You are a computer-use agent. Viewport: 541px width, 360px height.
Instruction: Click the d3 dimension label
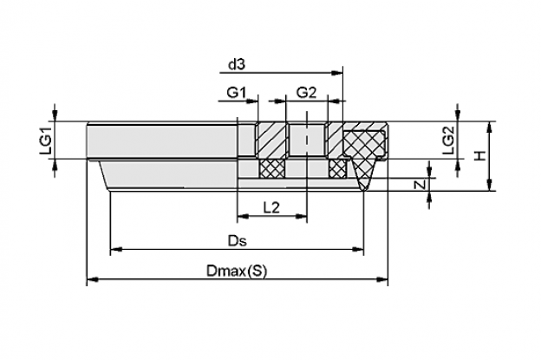(x=237, y=64)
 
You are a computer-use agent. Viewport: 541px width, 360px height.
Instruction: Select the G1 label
(x=237, y=93)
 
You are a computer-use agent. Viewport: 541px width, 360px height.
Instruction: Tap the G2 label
(x=306, y=93)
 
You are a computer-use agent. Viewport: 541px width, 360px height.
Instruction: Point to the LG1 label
(x=46, y=141)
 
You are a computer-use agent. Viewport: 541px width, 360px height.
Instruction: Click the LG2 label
(x=448, y=140)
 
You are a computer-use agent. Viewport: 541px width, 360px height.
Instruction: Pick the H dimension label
(x=479, y=155)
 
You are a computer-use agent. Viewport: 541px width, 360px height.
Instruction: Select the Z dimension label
(x=420, y=185)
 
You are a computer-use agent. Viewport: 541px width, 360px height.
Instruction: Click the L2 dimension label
(x=271, y=208)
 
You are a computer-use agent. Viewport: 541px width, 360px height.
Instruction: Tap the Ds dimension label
(x=238, y=240)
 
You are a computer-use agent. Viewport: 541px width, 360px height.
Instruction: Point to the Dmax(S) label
(x=237, y=272)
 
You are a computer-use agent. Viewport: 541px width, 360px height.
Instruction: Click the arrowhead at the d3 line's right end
(x=336, y=73)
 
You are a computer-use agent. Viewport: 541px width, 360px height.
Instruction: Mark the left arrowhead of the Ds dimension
(x=117, y=249)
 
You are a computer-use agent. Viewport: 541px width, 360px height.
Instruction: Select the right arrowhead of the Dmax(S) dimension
(x=381, y=279)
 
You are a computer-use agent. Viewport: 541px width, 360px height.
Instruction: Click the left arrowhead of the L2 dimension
(x=244, y=216)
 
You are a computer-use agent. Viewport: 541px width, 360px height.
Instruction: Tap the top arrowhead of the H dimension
(x=489, y=128)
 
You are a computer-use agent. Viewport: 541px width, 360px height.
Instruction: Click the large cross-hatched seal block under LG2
(x=364, y=143)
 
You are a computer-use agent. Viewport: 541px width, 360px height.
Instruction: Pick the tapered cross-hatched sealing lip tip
(x=363, y=175)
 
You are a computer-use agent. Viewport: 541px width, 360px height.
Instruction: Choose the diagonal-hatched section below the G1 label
(x=270, y=140)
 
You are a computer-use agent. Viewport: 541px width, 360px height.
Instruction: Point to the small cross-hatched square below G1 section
(x=272, y=169)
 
